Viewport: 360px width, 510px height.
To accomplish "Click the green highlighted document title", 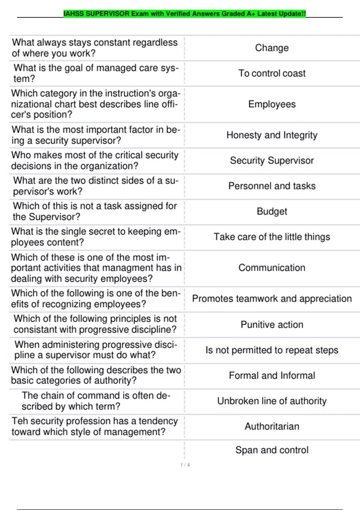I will click(184, 14).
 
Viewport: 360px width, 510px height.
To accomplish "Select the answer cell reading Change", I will click(272, 48).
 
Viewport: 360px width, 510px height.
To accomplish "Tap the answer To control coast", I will click(272, 73).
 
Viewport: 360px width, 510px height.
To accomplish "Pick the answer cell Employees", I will click(272, 104).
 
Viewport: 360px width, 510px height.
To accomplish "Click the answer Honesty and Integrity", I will click(272, 135).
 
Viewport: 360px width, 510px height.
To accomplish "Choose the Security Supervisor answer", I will click(272, 160).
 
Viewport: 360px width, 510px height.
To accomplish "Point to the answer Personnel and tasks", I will click(272, 186).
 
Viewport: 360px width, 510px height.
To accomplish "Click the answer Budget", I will click(272, 211).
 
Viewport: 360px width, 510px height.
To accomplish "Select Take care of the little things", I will click(272, 237).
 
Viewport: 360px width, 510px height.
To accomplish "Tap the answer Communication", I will click(272, 268).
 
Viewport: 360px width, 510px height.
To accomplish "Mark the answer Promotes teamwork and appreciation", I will click(272, 298).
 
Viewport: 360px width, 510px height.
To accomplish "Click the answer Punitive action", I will click(272, 325).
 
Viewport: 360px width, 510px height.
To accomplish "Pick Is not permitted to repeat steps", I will click(272, 350).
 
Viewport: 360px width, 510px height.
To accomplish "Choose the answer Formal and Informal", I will click(272, 376).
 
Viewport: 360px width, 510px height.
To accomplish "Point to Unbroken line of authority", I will click(272, 401).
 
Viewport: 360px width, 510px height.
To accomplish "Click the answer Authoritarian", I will click(272, 426).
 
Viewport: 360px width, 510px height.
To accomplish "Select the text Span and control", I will click(272, 450).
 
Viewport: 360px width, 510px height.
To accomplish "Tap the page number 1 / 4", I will click(185, 465).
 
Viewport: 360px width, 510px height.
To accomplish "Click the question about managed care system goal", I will click(96, 73).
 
